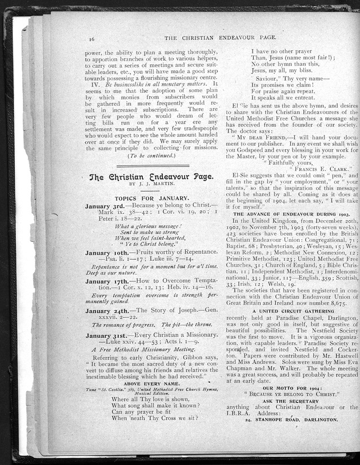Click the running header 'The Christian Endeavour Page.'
coord(220,37)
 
